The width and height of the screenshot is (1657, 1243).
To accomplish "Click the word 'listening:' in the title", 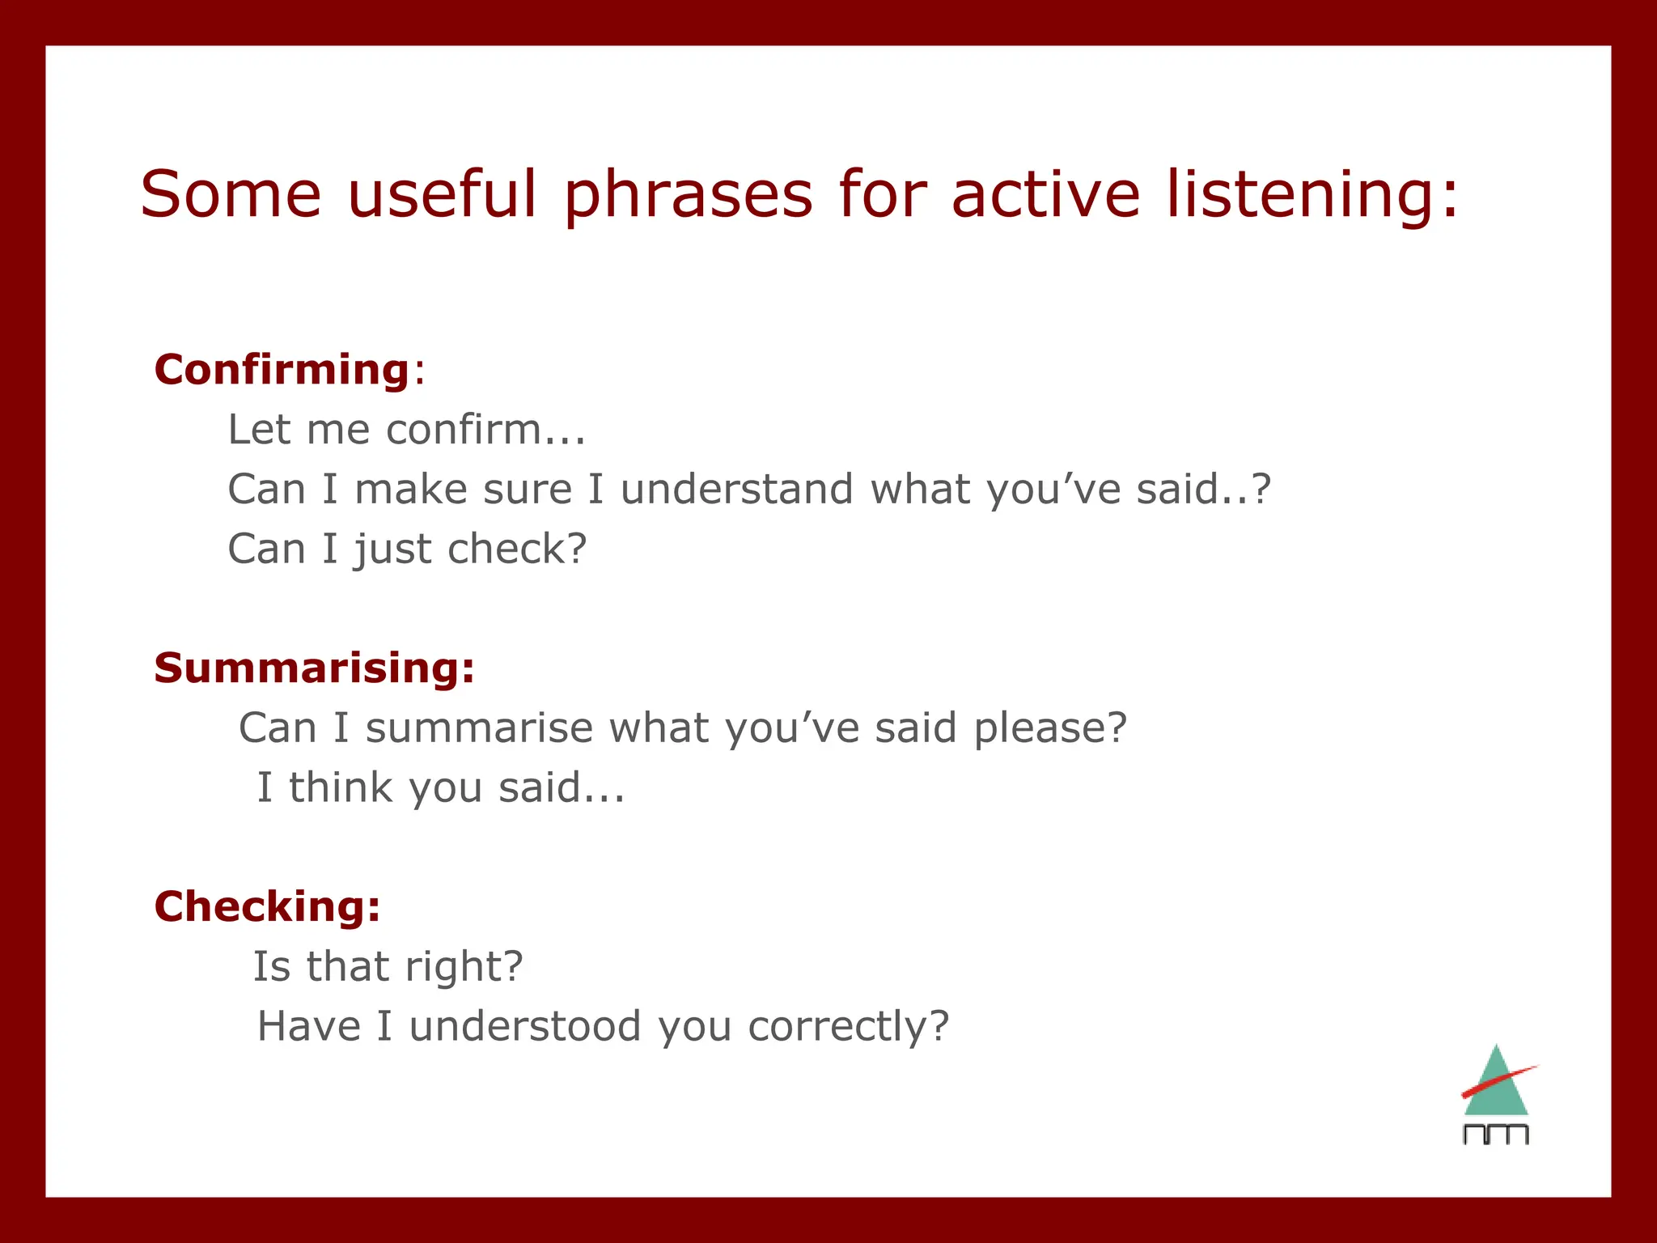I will click(1312, 194).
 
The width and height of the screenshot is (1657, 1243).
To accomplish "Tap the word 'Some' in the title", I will click(231, 194).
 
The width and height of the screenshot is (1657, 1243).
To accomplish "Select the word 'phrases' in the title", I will click(688, 194).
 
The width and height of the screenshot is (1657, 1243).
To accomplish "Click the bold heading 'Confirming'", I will click(282, 370).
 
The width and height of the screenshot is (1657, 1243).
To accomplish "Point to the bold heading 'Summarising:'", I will click(314, 668).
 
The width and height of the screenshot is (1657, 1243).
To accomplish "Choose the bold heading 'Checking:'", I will click(267, 906).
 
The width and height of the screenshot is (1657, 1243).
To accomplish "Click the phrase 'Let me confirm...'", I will click(406, 430).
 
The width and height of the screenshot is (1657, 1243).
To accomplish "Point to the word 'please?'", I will click(1049, 728).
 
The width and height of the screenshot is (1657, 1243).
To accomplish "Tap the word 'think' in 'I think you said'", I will click(341, 788).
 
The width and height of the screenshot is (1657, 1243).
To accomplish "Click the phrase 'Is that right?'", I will click(388, 966).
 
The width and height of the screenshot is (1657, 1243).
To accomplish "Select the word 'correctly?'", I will click(848, 1026).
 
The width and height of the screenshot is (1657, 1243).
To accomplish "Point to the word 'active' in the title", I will click(1045, 194).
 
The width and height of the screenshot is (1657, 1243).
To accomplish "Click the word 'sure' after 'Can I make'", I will click(527, 490).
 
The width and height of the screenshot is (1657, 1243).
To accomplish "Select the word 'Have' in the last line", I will click(308, 1026).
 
